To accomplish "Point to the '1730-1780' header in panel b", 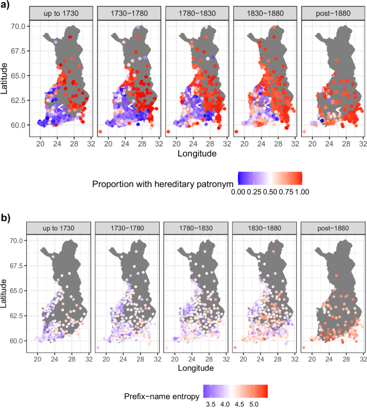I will tap(128, 227).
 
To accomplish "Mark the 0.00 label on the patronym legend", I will tap(237, 192).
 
